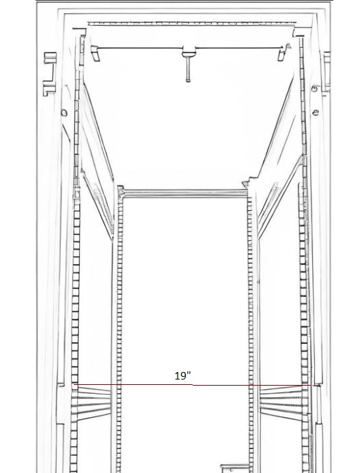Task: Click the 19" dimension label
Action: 182,376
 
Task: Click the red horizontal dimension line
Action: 193,385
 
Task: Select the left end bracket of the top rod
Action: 95,53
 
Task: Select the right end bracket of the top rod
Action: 284,52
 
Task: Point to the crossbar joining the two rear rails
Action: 185,194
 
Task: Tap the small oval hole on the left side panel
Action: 64,113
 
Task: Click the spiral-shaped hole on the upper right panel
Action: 315,89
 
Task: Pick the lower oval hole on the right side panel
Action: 316,113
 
